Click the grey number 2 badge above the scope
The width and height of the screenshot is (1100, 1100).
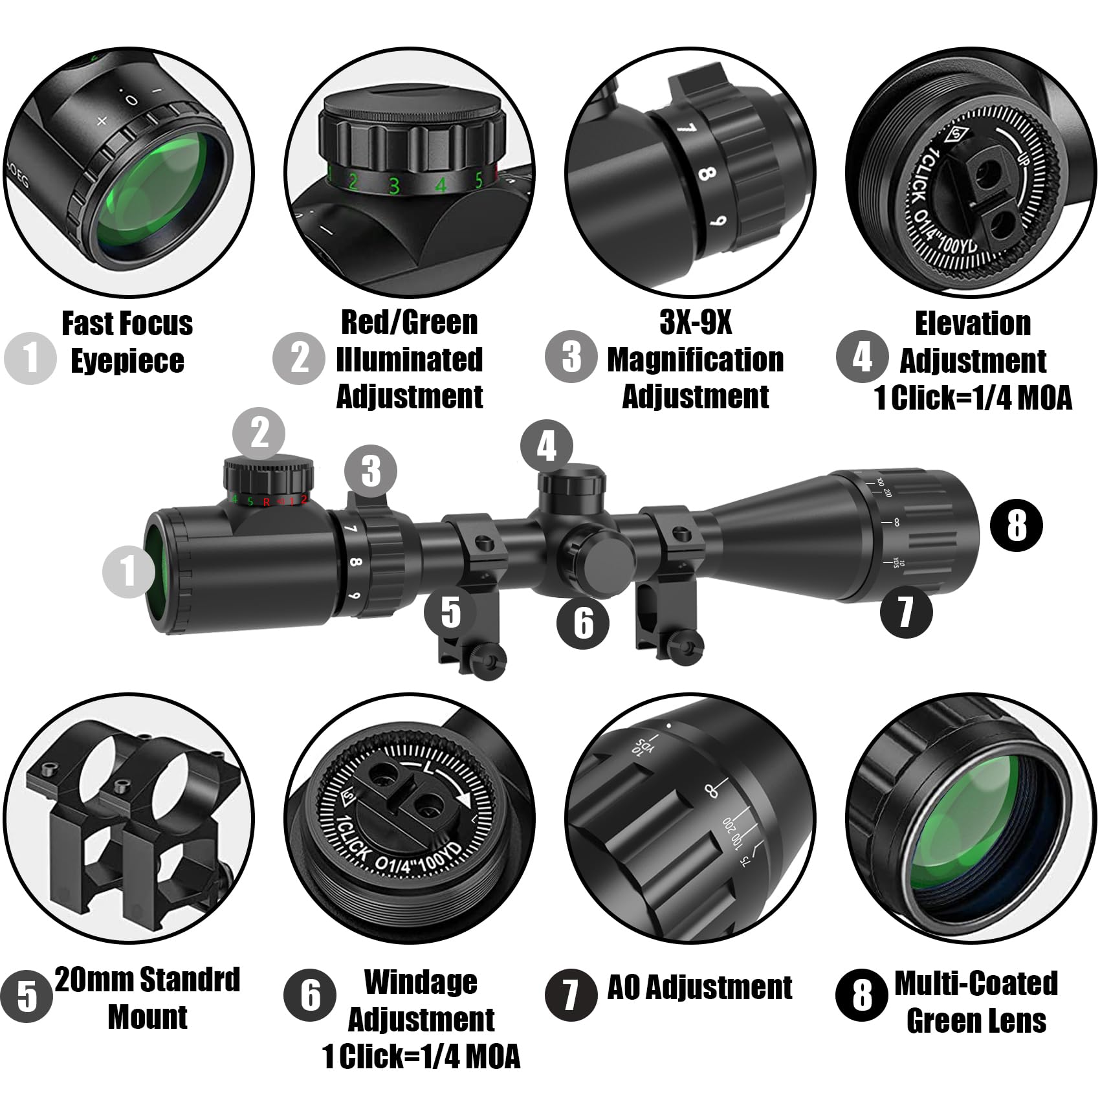(259, 432)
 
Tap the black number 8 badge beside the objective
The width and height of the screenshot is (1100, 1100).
(1017, 525)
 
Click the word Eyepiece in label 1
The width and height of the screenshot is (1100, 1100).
(127, 361)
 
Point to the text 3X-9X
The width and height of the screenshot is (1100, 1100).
(696, 322)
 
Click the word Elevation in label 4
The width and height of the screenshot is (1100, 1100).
(973, 324)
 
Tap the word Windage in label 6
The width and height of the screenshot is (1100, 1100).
(421, 982)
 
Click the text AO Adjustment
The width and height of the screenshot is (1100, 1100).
(699, 988)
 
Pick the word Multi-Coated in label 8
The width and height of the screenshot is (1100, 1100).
(976, 984)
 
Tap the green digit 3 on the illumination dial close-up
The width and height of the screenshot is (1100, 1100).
(394, 186)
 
